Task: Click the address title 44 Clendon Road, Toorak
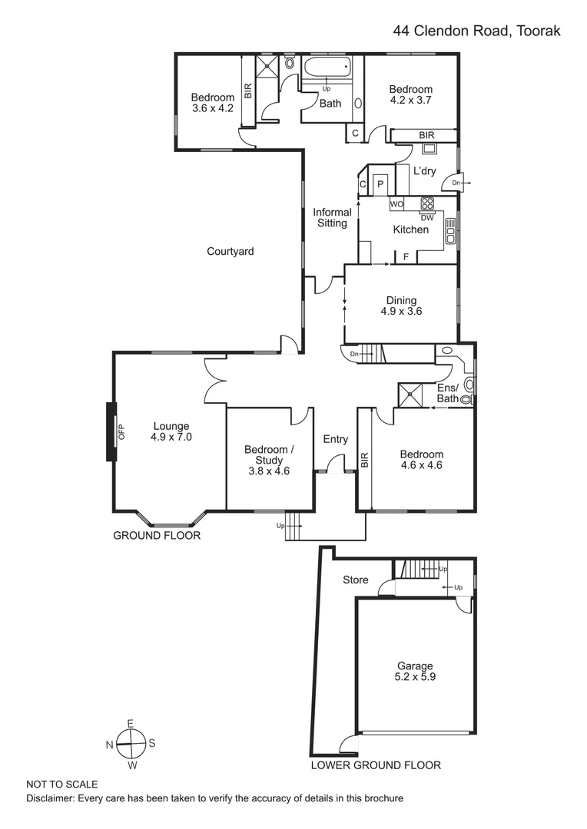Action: tap(476, 31)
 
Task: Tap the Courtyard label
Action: tap(230, 251)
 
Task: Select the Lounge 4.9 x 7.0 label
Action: tap(171, 431)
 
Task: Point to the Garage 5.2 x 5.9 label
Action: tap(415, 672)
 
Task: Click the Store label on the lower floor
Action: tap(355, 580)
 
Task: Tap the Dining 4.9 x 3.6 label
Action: tap(401, 306)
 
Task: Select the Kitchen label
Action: tap(410, 230)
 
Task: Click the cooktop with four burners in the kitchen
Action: tap(427, 204)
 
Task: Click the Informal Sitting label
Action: tap(332, 217)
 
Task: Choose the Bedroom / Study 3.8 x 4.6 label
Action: tap(267, 455)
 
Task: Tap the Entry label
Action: tap(336, 440)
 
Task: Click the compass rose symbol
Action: tap(131, 742)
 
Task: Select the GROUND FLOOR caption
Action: tap(157, 535)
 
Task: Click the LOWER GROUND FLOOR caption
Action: tap(375, 765)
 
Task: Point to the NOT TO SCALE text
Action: tap(62, 784)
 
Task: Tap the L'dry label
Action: tap(424, 171)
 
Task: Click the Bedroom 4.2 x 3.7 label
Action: tap(411, 94)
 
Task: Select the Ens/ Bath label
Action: tap(448, 393)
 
